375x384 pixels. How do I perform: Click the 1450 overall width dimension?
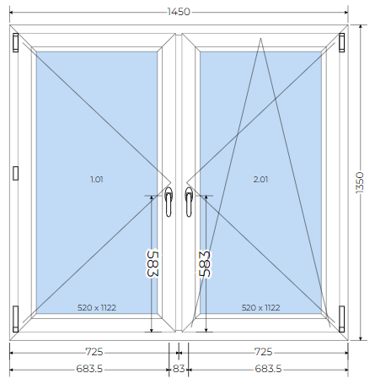(179, 12)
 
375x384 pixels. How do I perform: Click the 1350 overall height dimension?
(360, 182)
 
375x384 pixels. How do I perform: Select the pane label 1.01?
(97, 179)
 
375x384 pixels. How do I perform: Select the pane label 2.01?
(260, 179)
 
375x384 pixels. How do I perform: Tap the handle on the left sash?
(169, 202)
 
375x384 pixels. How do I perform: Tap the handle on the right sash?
(189, 202)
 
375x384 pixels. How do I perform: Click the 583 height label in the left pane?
(153, 263)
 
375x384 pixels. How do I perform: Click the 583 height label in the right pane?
(205, 263)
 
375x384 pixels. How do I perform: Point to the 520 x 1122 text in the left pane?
(97, 307)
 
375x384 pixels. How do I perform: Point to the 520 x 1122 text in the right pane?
(260, 307)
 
